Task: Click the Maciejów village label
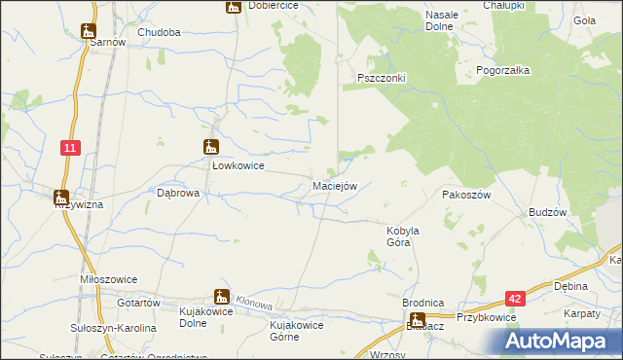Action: (336, 186)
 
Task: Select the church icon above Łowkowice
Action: (210, 148)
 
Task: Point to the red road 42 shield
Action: (515, 301)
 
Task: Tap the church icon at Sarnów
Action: (89, 30)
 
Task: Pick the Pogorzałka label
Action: (501, 71)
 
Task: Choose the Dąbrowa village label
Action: (178, 194)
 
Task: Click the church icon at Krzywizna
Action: (61, 197)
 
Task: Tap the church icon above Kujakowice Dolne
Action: (222, 297)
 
